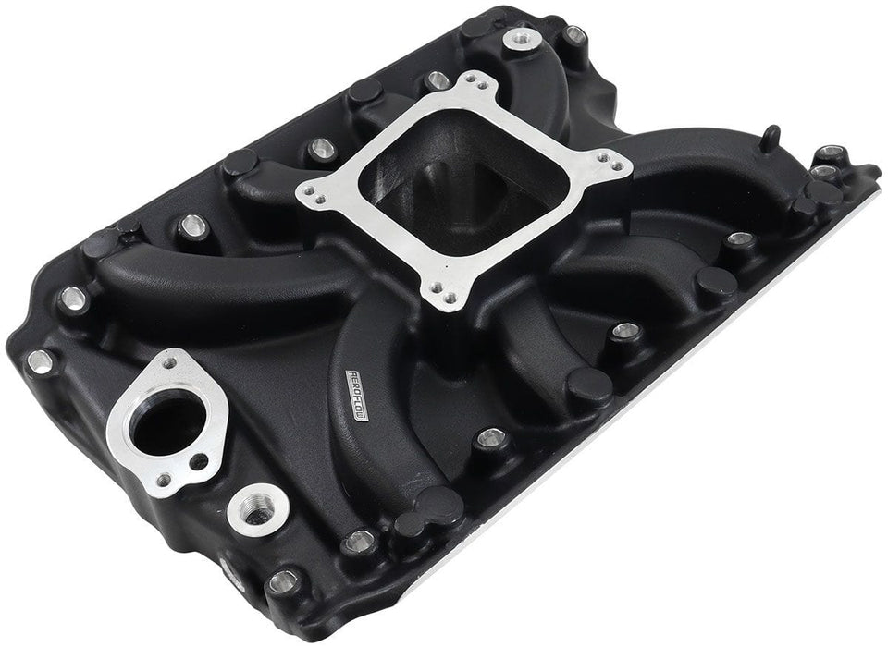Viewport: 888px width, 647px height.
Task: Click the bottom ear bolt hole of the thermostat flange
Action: (x=163, y=480)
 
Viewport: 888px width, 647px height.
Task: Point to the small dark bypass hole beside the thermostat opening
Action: (x=197, y=461)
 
